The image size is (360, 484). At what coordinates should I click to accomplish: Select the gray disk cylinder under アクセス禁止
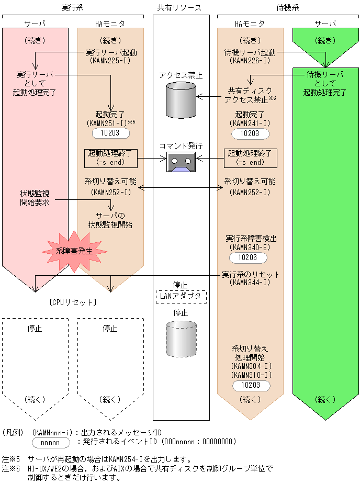point(180,99)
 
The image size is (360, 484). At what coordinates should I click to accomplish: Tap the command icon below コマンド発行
point(180,162)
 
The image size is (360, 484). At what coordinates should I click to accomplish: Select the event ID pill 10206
point(248,258)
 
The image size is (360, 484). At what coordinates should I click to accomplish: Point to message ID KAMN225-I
point(111,61)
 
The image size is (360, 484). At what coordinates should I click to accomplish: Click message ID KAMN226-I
point(250,61)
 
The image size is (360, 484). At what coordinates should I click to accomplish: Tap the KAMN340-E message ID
point(251,247)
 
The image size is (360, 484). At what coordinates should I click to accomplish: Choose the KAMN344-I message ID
point(251,283)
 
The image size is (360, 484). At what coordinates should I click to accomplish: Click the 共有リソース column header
point(179,7)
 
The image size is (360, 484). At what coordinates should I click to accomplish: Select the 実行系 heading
point(73,7)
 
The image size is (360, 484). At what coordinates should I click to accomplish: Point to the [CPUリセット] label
point(73,302)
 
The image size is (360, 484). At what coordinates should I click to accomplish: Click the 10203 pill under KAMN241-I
point(250,133)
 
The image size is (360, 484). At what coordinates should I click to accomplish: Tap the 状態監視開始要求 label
point(35,198)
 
